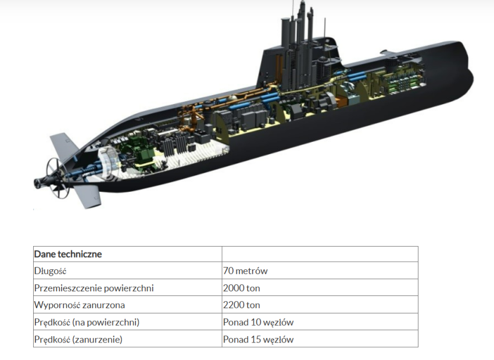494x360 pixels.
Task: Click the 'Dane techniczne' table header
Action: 68,254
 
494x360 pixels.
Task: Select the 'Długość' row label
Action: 51,271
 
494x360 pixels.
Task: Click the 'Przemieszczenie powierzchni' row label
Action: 94,288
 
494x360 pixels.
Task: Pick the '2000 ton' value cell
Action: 242,288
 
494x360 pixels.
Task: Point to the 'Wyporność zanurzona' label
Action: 80,305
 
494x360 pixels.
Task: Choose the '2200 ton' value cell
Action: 242,305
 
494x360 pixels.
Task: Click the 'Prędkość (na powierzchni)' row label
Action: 87,322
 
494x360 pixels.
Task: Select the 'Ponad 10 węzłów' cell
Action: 258,322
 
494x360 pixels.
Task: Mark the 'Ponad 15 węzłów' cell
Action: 258,339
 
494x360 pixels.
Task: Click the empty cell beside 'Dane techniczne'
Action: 320,254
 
